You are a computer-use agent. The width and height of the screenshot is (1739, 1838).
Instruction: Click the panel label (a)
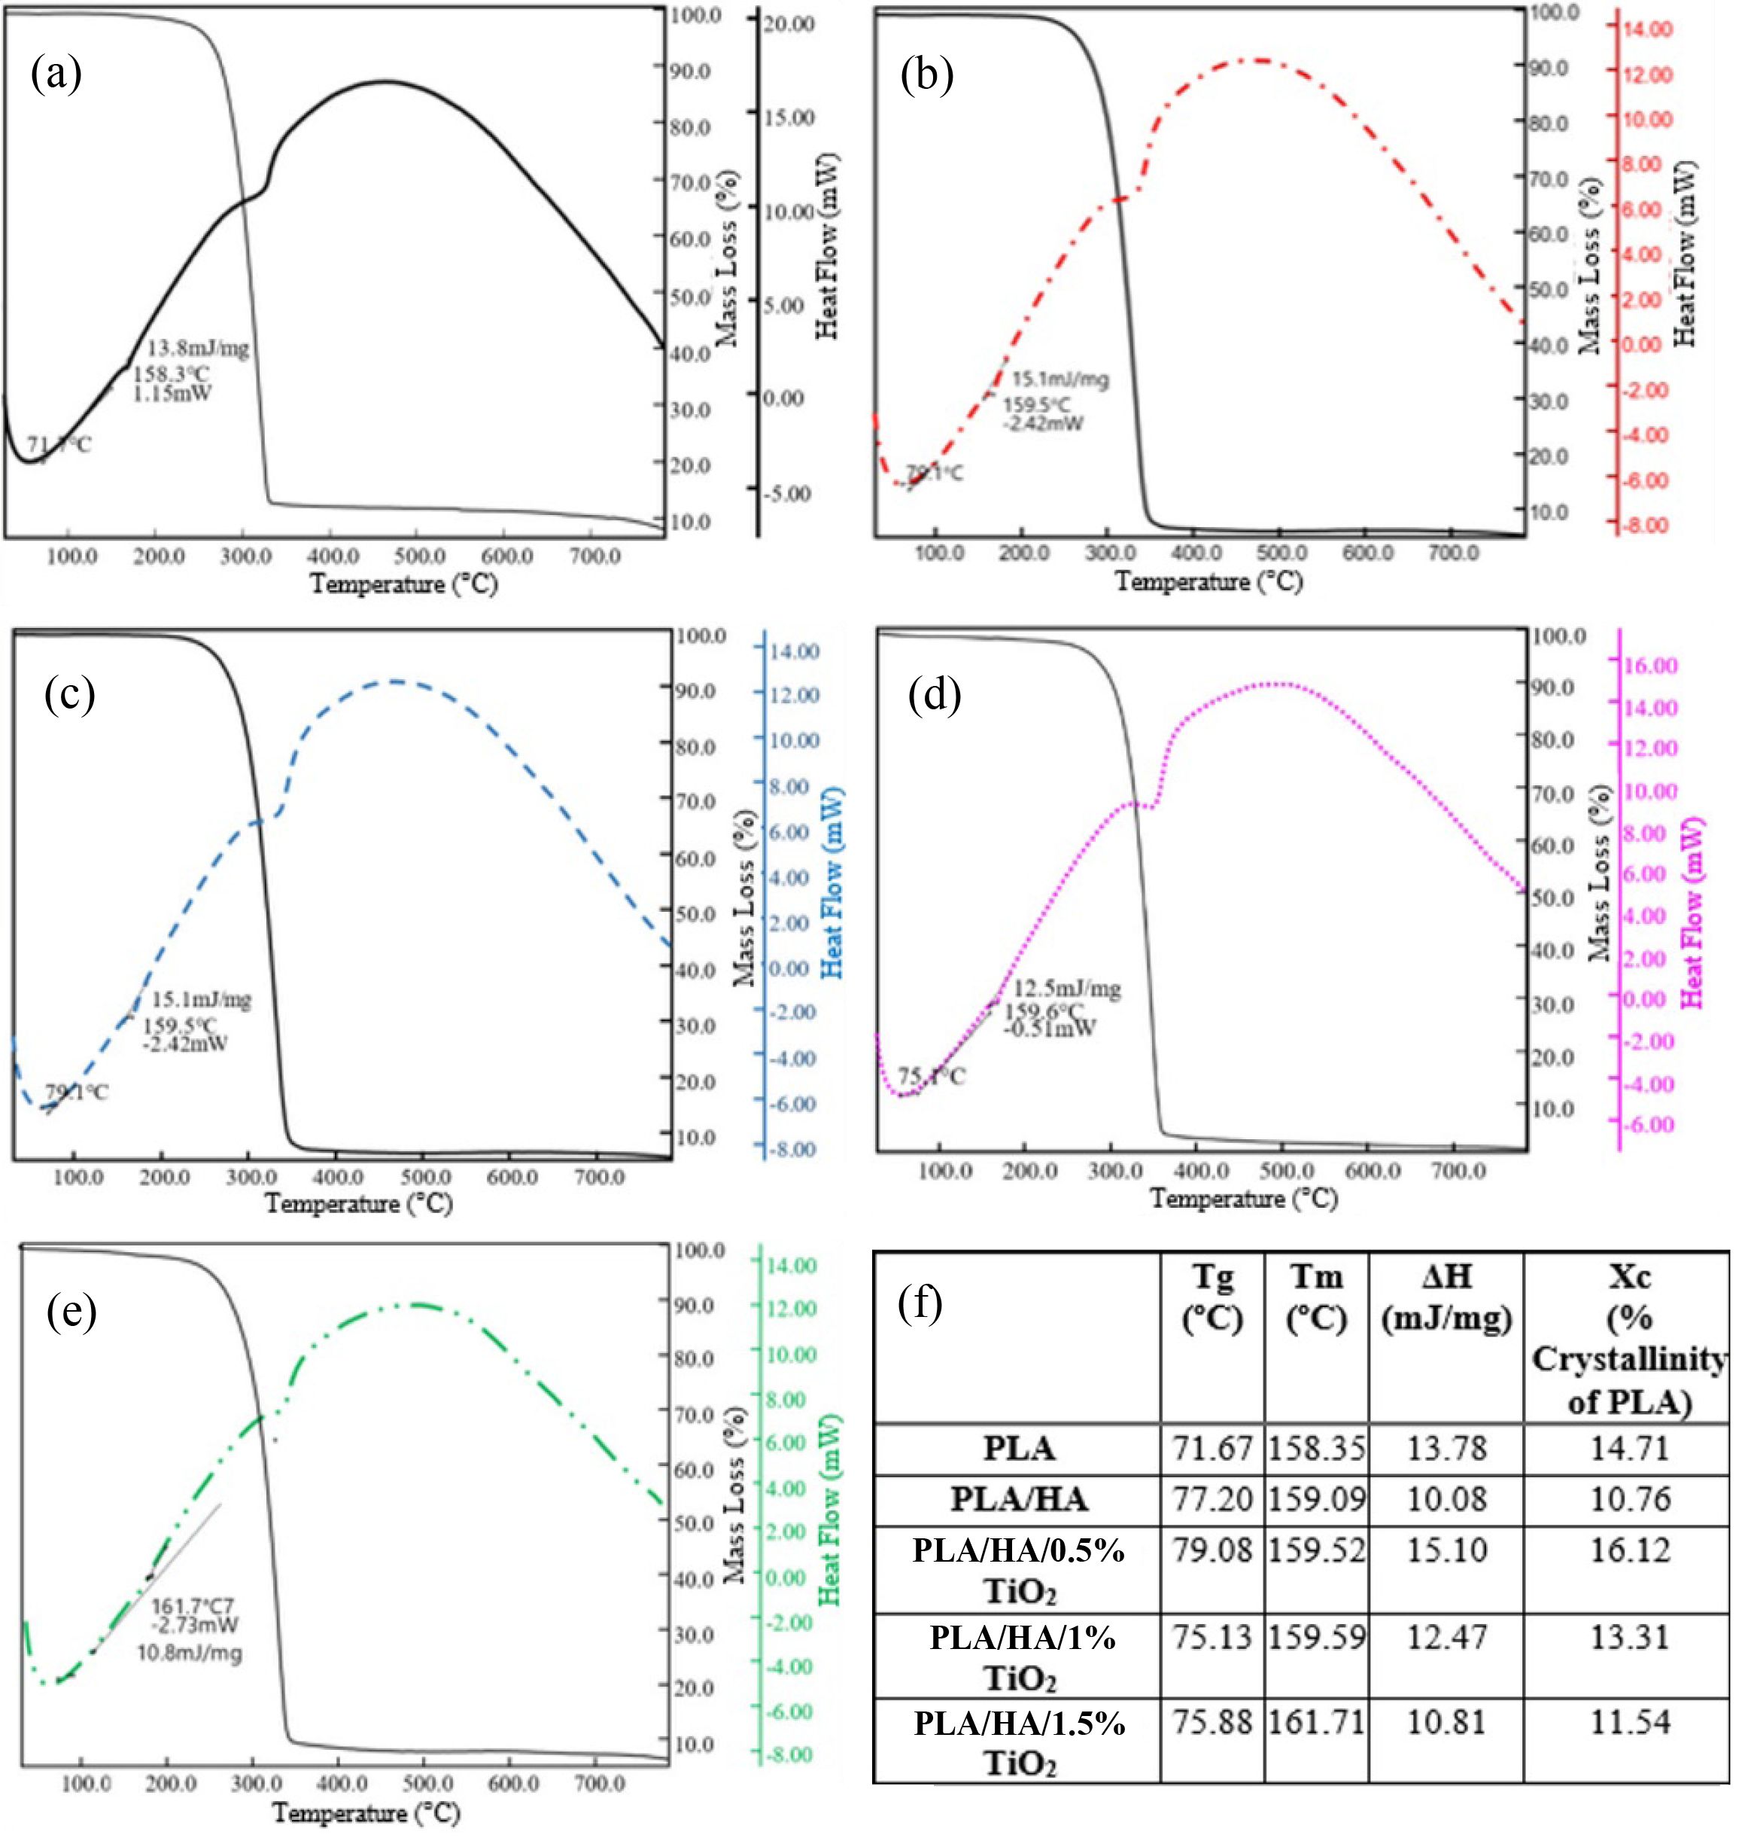click(56, 75)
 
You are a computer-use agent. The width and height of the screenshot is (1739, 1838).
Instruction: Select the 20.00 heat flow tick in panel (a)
click(791, 23)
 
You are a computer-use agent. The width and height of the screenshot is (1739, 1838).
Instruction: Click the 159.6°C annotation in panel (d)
click(1044, 1010)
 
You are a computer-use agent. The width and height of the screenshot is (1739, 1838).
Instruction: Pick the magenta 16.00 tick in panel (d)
click(1652, 665)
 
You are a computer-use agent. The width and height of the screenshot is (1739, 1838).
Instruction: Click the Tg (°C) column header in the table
click(1212, 1298)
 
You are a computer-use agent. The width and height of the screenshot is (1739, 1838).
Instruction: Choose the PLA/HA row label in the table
click(1019, 1499)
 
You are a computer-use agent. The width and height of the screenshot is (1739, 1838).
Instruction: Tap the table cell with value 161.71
click(1316, 1723)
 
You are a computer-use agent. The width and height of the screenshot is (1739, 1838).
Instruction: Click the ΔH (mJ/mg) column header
click(1446, 1298)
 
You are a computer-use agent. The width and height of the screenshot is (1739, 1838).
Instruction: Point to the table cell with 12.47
click(1446, 1637)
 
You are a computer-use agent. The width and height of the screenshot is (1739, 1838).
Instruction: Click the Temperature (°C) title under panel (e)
click(367, 1812)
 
